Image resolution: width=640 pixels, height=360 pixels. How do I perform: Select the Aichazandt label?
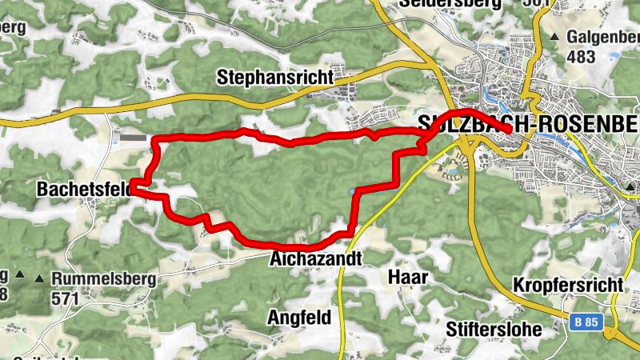(x=315, y=259)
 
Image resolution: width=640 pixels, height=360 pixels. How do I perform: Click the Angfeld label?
(x=300, y=317)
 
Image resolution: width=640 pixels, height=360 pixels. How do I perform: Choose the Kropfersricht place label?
(x=567, y=285)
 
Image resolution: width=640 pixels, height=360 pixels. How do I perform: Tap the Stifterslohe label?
(x=494, y=329)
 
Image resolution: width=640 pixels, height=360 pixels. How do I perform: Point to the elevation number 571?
(x=66, y=299)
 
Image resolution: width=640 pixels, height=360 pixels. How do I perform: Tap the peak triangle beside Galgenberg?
(x=554, y=37)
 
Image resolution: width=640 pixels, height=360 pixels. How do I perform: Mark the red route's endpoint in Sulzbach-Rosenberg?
(x=508, y=129)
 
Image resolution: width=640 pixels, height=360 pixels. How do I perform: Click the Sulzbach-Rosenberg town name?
(x=529, y=123)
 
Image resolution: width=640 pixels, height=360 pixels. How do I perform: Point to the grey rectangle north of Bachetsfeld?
(x=134, y=138)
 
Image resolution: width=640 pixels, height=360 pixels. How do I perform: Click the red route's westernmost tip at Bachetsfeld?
(x=133, y=190)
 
